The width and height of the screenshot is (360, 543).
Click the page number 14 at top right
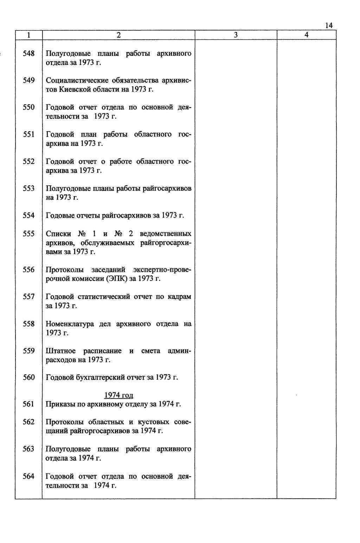329,25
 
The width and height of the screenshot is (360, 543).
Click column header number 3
236,35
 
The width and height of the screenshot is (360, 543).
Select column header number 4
307,35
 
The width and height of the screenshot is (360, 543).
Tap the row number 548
28,53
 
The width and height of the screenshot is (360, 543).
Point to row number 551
28,134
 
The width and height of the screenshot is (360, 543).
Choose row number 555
28,234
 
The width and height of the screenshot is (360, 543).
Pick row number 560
28,377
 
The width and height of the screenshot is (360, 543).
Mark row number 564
28,476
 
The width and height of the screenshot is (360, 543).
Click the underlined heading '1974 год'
118,395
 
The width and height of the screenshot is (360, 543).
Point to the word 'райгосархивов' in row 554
126,215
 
